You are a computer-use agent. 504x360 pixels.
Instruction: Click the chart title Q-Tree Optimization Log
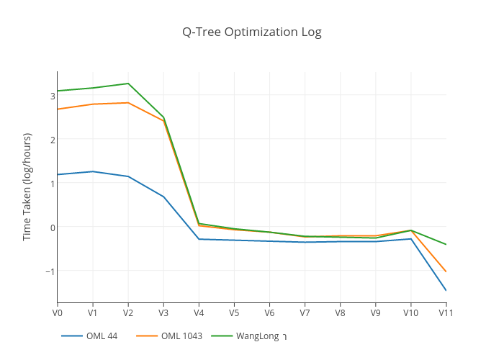[251, 32]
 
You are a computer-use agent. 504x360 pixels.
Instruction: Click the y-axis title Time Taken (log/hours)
[27, 186]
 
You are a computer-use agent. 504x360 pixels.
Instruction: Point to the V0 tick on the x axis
[57, 313]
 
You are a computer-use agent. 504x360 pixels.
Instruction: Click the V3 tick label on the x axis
[163, 313]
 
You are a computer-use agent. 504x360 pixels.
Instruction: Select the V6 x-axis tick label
[269, 313]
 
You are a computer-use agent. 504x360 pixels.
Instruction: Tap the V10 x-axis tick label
[410, 313]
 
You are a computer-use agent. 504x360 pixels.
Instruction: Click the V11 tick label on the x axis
[446, 313]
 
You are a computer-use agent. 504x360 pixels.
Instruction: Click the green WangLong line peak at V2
[128, 84]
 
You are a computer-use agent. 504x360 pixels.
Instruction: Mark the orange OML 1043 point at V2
[128, 103]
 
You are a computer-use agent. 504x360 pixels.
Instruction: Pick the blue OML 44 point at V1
[92, 171]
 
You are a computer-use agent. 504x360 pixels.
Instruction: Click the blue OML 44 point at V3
[163, 197]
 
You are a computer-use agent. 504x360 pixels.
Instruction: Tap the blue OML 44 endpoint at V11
[446, 290]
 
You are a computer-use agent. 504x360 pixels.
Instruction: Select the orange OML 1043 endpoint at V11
[446, 271]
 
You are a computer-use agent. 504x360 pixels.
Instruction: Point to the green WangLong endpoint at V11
[446, 244]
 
